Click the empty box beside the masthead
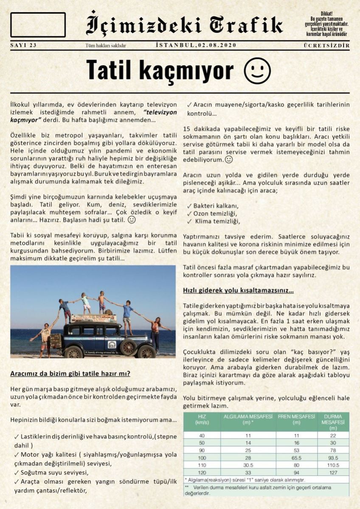pyautogui.click(x=38, y=25)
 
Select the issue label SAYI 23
pyautogui.click(x=23, y=45)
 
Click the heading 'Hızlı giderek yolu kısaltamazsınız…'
pyautogui.click(x=238, y=291)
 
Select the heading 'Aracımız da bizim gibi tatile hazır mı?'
pyautogui.click(x=70, y=374)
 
